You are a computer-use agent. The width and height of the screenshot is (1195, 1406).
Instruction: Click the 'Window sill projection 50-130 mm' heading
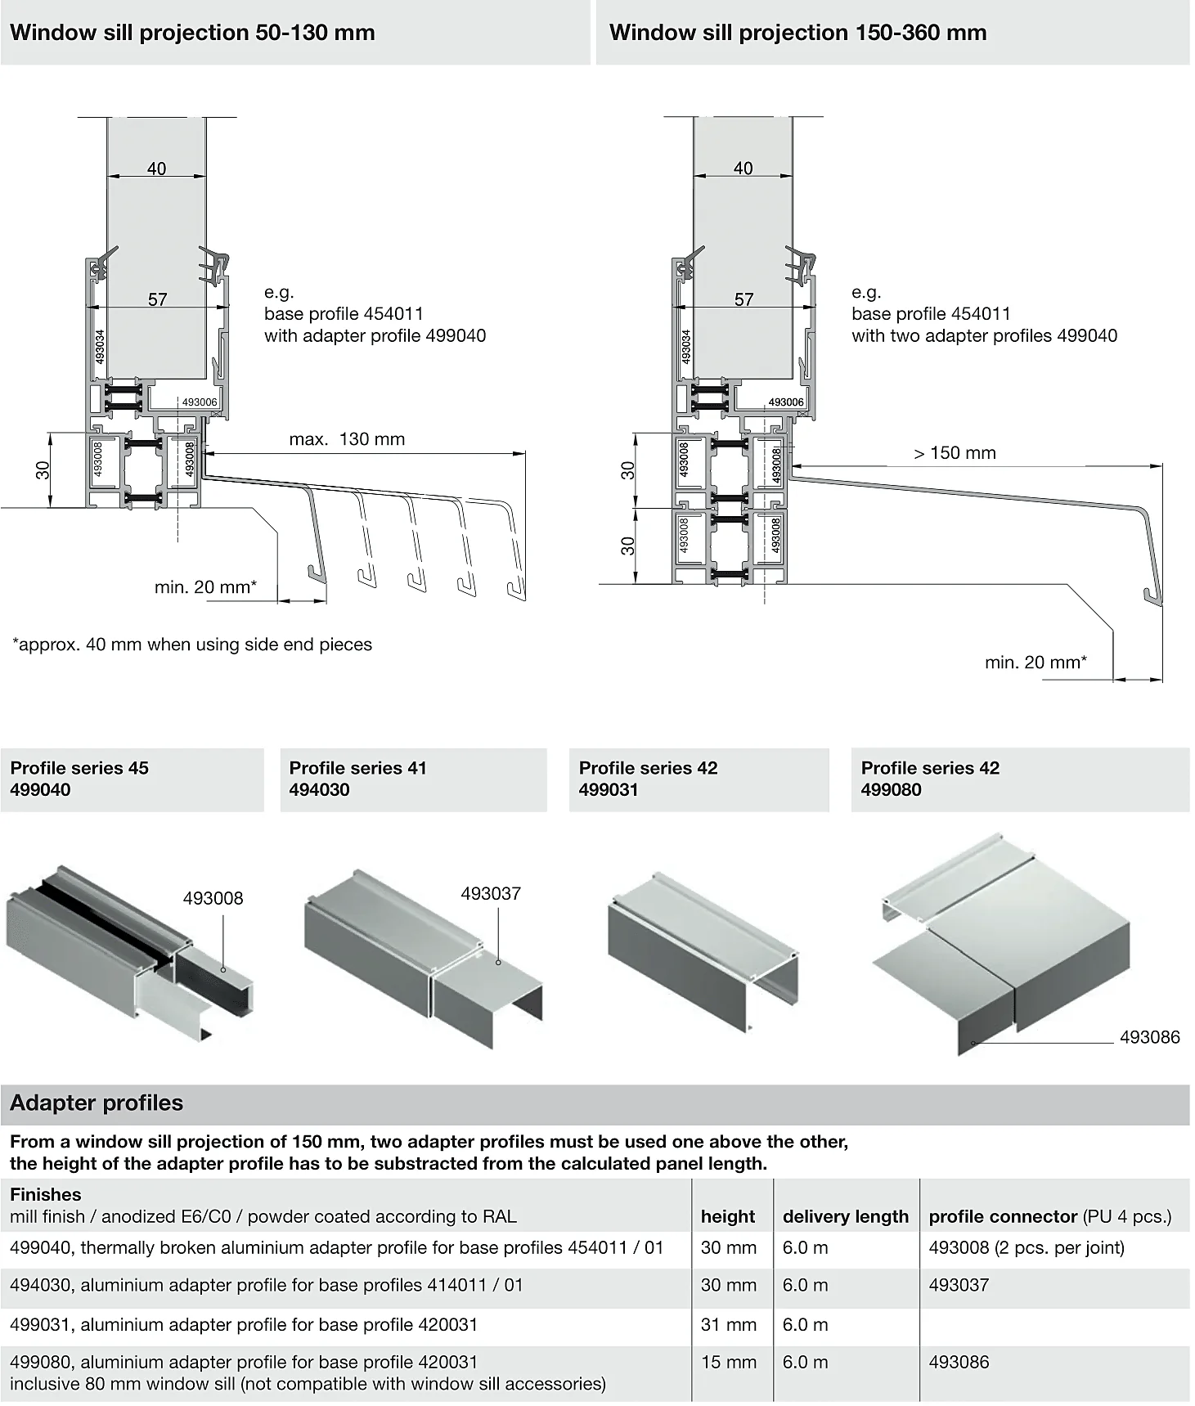tap(192, 33)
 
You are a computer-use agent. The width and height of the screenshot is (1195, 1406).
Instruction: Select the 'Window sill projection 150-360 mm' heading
tap(797, 33)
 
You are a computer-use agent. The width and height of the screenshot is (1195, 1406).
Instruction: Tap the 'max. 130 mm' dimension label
tap(347, 439)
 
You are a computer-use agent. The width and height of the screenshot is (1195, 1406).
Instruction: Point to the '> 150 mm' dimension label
tap(955, 453)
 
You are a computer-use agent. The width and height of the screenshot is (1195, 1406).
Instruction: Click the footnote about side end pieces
tap(192, 645)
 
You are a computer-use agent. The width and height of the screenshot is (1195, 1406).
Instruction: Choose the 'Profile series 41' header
tap(357, 768)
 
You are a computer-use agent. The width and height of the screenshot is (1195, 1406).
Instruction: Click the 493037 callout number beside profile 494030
tap(491, 893)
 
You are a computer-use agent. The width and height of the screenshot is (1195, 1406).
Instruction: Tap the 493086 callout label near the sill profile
tap(1150, 1037)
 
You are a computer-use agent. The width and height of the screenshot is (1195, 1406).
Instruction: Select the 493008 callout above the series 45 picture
tap(213, 898)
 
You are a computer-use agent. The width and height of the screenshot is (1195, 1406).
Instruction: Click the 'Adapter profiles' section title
tap(97, 1103)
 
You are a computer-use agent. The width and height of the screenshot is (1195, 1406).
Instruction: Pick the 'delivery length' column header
tap(845, 1216)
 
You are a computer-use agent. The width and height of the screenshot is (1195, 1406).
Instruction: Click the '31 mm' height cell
tap(728, 1324)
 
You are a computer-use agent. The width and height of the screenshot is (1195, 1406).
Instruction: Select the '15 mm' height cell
tap(728, 1362)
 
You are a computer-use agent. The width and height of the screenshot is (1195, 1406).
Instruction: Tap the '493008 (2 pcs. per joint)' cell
tap(1027, 1247)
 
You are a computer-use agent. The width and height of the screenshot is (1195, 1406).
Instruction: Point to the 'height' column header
tap(728, 1216)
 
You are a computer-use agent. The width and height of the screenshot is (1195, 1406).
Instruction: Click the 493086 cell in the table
tap(959, 1362)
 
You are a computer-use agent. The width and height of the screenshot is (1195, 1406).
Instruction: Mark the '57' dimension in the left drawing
tap(158, 299)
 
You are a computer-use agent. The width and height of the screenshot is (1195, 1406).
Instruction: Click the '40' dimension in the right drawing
tap(743, 168)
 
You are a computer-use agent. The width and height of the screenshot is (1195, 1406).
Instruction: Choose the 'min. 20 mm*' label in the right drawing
tap(1036, 663)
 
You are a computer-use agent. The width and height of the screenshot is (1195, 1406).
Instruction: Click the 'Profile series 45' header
tap(79, 768)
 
